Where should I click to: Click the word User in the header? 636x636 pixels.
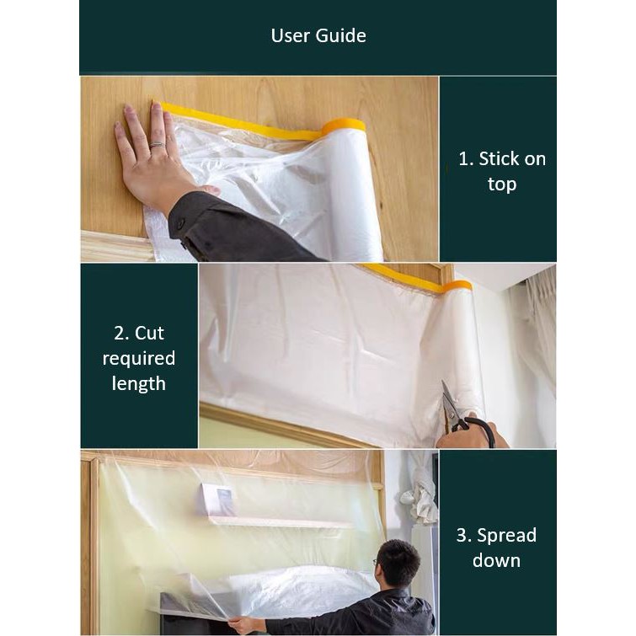point(291,35)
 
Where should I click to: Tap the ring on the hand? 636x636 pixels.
point(157,144)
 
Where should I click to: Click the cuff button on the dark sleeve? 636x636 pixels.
point(180,222)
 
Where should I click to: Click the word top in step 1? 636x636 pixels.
point(502,184)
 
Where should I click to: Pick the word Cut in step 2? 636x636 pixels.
point(149,334)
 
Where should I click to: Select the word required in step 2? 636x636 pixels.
point(139,359)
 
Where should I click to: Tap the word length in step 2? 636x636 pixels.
point(139,384)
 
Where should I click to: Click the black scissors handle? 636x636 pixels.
point(478,430)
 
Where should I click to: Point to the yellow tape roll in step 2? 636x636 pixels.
point(457,286)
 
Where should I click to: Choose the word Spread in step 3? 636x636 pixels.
point(506,536)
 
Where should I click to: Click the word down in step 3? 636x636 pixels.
point(496,560)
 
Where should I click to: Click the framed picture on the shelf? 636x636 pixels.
point(216,500)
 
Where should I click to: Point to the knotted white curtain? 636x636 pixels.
point(420,492)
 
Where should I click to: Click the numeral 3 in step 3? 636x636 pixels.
point(461,536)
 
